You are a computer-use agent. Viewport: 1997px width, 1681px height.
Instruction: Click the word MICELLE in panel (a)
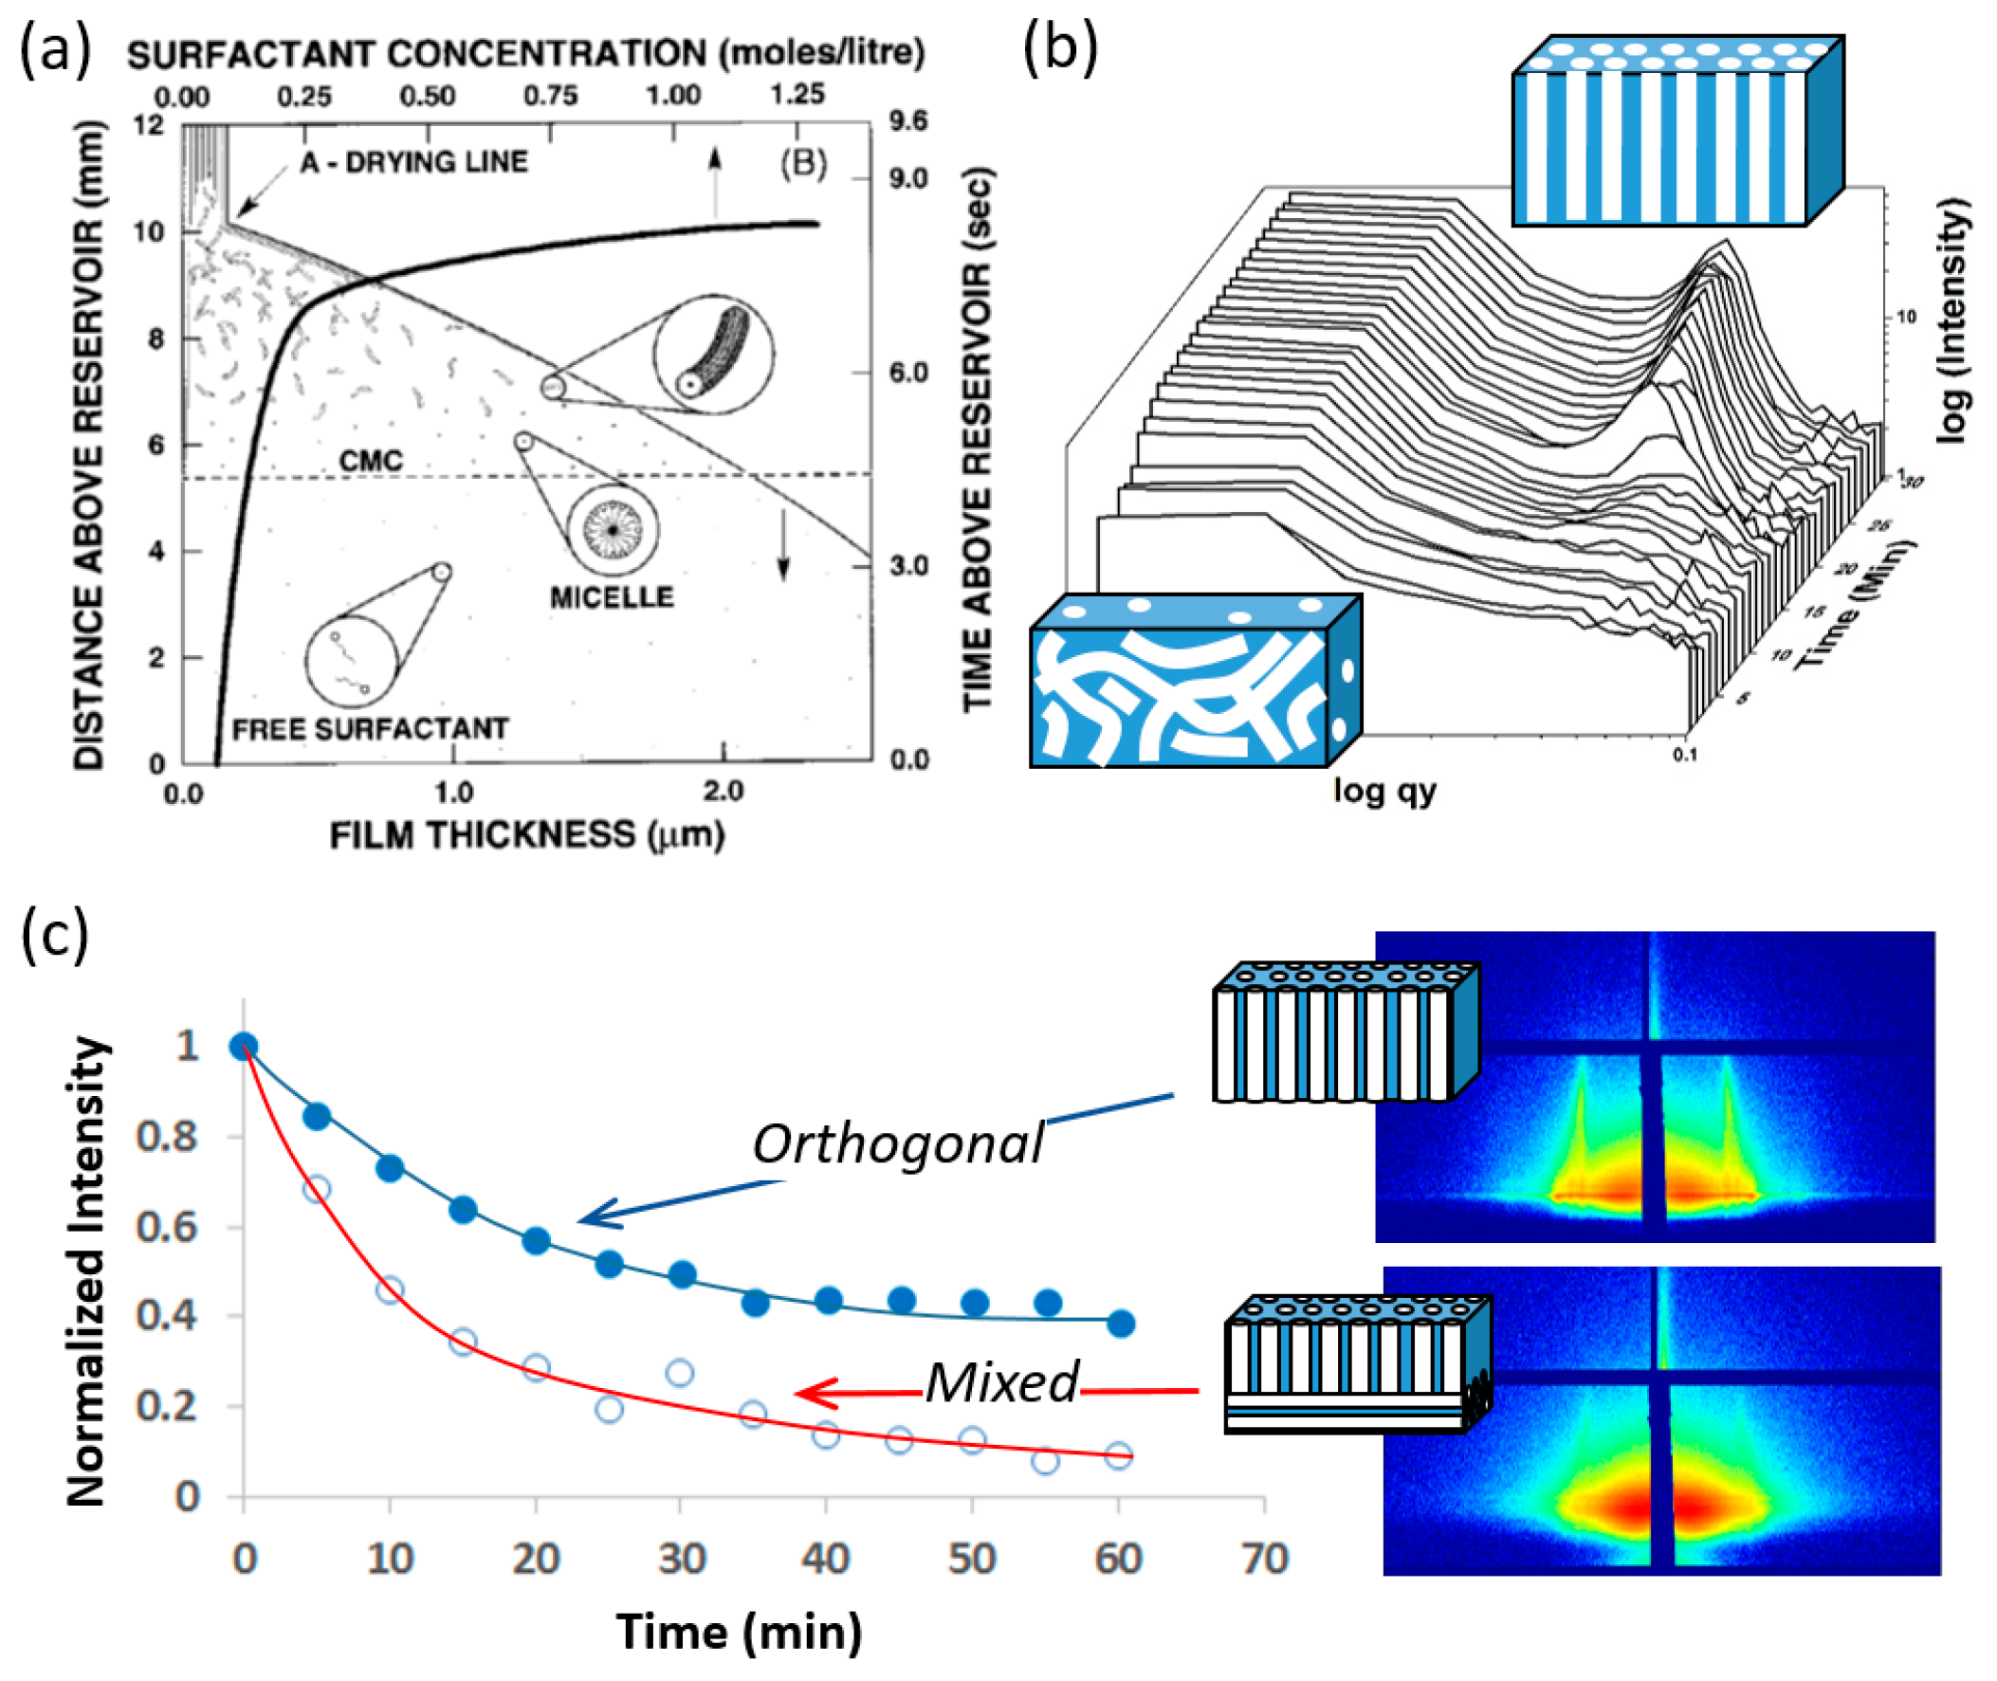(x=611, y=597)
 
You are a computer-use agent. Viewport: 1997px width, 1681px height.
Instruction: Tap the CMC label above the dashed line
(x=371, y=461)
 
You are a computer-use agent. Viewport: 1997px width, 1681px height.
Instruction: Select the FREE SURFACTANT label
(x=371, y=729)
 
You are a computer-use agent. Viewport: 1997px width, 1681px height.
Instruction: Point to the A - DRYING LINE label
(x=413, y=162)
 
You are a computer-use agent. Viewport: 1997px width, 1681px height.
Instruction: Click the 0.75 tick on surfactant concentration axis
(x=550, y=96)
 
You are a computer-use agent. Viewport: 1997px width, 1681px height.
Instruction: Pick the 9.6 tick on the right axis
(x=907, y=121)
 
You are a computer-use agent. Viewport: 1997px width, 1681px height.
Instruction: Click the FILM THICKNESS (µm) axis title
(x=527, y=835)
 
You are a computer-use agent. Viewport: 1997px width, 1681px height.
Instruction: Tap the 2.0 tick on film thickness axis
(x=723, y=792)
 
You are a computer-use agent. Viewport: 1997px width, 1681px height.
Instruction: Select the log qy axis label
(x=1384, y=790)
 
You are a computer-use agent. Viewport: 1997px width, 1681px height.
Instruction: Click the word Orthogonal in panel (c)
(x=898, y=1143)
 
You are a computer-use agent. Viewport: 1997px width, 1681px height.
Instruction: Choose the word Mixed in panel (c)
(x=1002, y=1382)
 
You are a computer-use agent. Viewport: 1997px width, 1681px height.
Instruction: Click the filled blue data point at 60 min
(x=1121, y=1324)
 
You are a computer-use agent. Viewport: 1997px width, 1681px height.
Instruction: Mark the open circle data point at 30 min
(x=680, y=1373)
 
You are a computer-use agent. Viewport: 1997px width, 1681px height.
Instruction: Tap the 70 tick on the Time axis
(x=1264, y=1560)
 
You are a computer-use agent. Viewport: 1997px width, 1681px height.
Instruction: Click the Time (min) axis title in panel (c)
(x=739, y=1632)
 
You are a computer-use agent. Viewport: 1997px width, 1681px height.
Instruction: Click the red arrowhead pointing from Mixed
(x=808, y=1393)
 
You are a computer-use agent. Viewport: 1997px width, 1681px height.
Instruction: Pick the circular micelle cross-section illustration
(x=613, y=530)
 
